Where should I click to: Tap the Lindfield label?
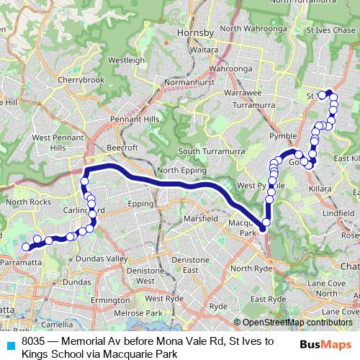338,214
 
